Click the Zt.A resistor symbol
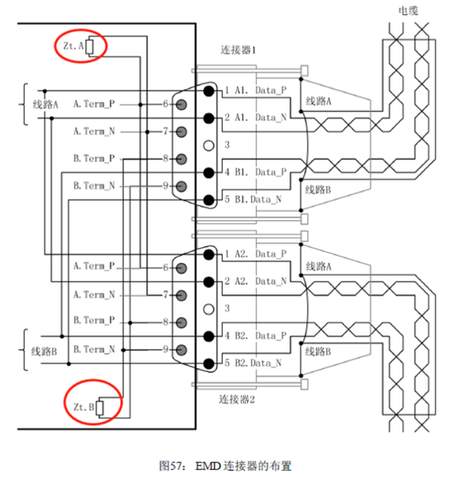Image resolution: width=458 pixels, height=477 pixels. point(89,47)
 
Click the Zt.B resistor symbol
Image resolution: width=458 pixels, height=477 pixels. point(99,408)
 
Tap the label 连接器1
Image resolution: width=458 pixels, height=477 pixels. point(238,49)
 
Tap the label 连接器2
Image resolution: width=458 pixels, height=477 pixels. point(237,399)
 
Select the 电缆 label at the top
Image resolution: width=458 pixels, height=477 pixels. point(409,11)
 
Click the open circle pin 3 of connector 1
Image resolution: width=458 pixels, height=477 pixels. point(209,145)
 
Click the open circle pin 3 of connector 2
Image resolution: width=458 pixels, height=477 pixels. point(209,309)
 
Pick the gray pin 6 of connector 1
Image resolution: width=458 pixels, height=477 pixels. point(181,105)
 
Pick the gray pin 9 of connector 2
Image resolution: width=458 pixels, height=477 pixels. point(181,350)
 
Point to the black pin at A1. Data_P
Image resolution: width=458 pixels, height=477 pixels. point(209,91)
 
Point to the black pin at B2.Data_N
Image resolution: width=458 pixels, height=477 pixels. point(209,363)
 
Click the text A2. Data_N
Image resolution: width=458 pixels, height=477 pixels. point(261,281)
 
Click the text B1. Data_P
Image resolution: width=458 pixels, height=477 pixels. point(261,173)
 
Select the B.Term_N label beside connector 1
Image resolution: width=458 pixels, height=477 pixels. point(94,185)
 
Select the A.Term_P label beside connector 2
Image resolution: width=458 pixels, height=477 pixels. point(94,266)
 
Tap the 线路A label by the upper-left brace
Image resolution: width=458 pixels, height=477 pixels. point(45,104)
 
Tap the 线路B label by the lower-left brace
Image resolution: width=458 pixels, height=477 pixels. point(44,351)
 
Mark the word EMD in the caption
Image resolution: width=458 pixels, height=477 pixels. point(208,466)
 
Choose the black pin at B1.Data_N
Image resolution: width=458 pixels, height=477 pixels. point(209,200)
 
